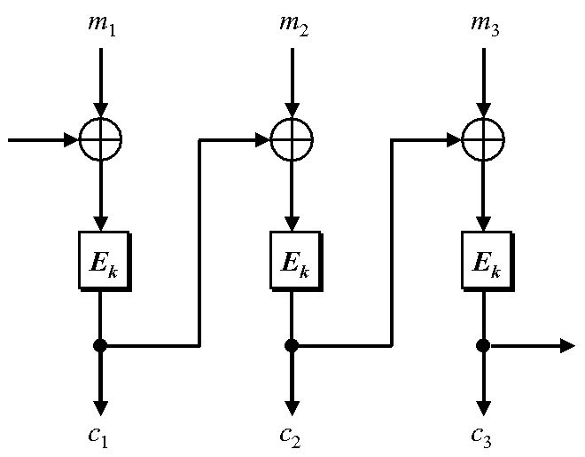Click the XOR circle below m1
click(100, 138)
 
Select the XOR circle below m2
click(291, 138)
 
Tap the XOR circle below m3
click(483, 138)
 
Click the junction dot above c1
click(100, 345)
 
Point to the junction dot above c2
click(291, 345)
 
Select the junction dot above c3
click(483, 345)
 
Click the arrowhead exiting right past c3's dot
click(566, 345)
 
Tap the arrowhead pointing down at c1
click(100, 406)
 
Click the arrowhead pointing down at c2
click(291, 406)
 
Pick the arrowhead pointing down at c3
click(483, 406)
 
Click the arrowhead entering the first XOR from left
click(71, 138)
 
